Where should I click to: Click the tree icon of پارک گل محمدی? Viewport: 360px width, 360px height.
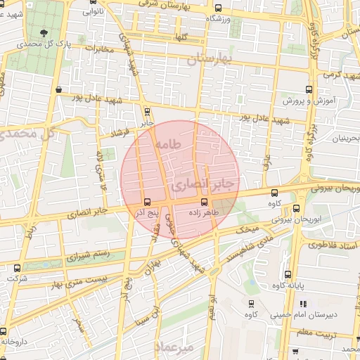(x=45, y=32)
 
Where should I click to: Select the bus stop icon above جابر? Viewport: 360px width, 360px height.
(x=147, y=111)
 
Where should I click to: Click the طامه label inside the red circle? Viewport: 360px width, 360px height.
(x=168, y=143)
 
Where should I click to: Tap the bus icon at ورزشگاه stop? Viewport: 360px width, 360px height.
(x=218, y=9)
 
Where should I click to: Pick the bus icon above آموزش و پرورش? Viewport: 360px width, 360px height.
(x=309, y=89)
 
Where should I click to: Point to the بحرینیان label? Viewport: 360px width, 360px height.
(x=345, y=138)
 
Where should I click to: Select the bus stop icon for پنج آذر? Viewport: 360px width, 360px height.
(x=146, y=202)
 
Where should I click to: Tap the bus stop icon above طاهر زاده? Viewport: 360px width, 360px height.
(x=204, y=202)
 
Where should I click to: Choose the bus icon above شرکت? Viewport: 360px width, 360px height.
(x=18, y=267)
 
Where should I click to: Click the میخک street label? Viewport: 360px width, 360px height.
(x=249, y=229)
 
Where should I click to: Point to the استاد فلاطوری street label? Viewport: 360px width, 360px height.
(x=335, y=246)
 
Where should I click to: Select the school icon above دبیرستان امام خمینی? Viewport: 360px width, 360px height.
(x=303, y=304)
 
